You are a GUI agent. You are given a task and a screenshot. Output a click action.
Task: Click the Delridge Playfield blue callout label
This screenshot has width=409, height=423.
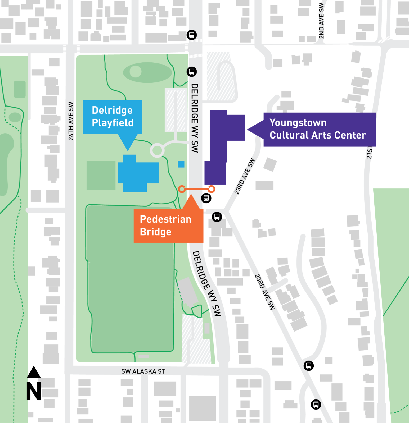(112, 117)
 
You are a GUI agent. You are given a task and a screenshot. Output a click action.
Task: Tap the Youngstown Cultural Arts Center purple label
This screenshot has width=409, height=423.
(319, 129)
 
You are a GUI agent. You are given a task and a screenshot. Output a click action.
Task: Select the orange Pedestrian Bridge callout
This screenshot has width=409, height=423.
(168, 226)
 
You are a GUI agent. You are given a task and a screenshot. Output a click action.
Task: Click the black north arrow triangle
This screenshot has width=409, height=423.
(34, 372)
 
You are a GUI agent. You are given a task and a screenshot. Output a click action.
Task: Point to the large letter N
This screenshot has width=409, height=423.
(34, 391)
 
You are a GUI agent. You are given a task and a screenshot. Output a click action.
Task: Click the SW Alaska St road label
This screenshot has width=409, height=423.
(143, 371)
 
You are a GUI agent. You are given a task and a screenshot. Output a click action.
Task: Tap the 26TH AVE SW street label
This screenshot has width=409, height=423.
(71, 121)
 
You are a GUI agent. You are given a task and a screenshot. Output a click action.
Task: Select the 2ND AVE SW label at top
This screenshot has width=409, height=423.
(321, 21)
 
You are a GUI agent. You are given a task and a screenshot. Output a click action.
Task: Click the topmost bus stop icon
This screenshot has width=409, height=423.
(192, 35)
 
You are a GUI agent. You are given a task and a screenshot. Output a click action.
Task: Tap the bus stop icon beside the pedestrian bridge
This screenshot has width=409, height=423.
(206, 198)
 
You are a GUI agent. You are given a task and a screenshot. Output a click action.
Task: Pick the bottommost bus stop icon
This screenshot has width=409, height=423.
(316, 404)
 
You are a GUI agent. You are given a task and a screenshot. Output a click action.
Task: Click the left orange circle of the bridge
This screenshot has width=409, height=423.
(182, 189)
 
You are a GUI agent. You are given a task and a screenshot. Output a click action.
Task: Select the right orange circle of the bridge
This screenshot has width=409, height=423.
(211, 189)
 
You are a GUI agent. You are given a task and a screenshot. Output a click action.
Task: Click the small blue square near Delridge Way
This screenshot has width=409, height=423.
(181, 164)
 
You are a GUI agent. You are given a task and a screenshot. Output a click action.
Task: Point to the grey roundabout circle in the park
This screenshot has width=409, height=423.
(157, 150)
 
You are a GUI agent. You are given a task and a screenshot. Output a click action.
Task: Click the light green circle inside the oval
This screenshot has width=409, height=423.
(136, 71)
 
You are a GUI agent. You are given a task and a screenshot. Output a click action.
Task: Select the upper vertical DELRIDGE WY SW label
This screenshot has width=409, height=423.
(195, 118)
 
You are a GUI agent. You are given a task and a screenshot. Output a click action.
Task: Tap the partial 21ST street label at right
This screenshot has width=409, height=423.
(370, 153)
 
